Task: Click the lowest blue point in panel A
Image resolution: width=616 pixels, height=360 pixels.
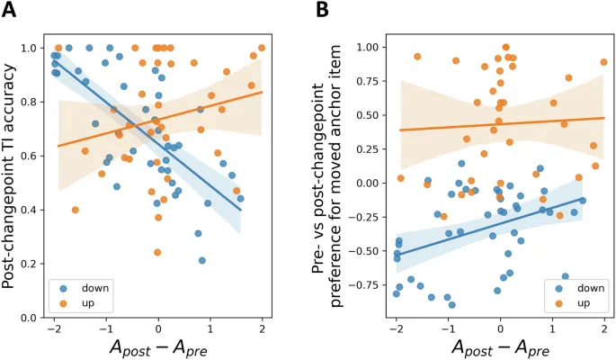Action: [202, 261]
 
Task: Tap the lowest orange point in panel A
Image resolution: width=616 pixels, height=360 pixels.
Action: [157, 253]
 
